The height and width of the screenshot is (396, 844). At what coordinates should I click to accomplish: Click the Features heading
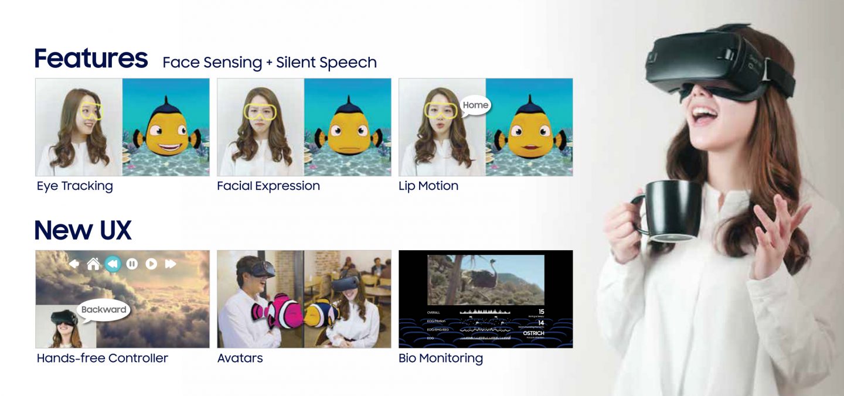click(91, 59)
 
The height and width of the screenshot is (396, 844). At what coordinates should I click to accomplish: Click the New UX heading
click(83, 230)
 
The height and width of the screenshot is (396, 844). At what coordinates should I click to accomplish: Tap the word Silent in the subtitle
click(296, 62)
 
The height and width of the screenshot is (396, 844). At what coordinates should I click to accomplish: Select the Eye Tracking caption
click(74, 186)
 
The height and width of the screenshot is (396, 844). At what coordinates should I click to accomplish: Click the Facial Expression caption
click(268, 186)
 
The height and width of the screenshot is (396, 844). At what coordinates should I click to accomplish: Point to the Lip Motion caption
click(428, 186)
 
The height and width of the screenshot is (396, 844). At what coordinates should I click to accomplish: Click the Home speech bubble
click(475, 105)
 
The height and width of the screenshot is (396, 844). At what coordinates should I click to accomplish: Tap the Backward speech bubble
click(104, 309)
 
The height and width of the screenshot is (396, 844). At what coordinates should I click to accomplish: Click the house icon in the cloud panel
click(93, 264)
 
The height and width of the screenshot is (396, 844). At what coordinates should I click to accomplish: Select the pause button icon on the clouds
click(132, 264)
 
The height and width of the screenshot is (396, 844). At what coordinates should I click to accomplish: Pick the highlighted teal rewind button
click(113, 264)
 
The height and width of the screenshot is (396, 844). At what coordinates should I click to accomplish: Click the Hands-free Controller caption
click(102, 358)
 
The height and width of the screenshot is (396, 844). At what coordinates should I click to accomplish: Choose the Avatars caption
click(240, 358)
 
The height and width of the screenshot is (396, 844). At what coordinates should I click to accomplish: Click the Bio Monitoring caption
click(441, 358)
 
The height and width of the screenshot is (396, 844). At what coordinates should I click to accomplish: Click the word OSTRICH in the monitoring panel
click(533, 333)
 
